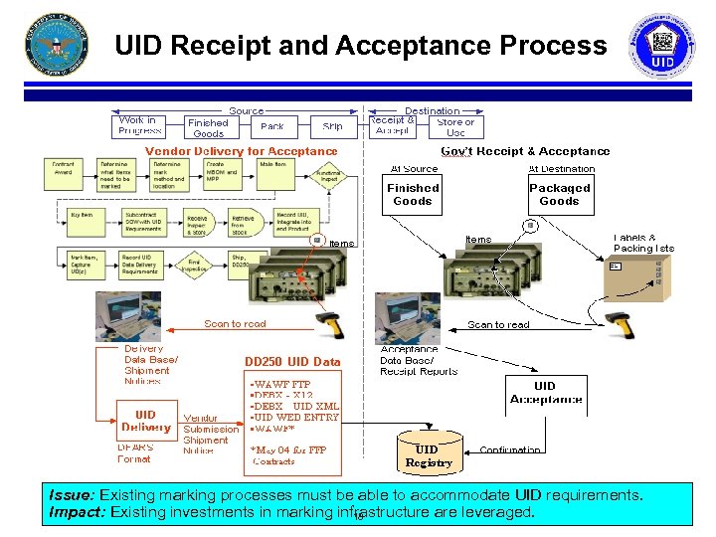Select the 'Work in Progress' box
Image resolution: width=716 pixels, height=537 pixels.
[140, 126]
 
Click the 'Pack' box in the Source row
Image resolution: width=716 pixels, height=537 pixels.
[271, 127]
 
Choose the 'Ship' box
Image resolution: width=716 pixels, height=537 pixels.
[332, 127]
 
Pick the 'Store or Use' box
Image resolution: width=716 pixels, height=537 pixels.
[455, 127]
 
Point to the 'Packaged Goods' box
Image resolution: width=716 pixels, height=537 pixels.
[559, 194]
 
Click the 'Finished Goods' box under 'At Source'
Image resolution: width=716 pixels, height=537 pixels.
[413, 194]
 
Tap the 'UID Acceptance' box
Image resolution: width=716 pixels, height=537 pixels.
[545, 393]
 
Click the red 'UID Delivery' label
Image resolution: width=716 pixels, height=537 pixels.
[145, 421]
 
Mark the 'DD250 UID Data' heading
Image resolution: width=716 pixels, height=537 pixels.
[292, 362]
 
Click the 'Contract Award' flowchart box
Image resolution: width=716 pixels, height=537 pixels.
[64, 169]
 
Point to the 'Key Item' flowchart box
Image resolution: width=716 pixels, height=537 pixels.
[64, 216]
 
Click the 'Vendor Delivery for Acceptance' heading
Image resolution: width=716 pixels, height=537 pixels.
[242, 151]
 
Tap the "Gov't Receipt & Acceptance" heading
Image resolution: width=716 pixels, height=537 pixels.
[525, 151]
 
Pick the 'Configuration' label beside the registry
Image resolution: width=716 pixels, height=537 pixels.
[510, 450]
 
